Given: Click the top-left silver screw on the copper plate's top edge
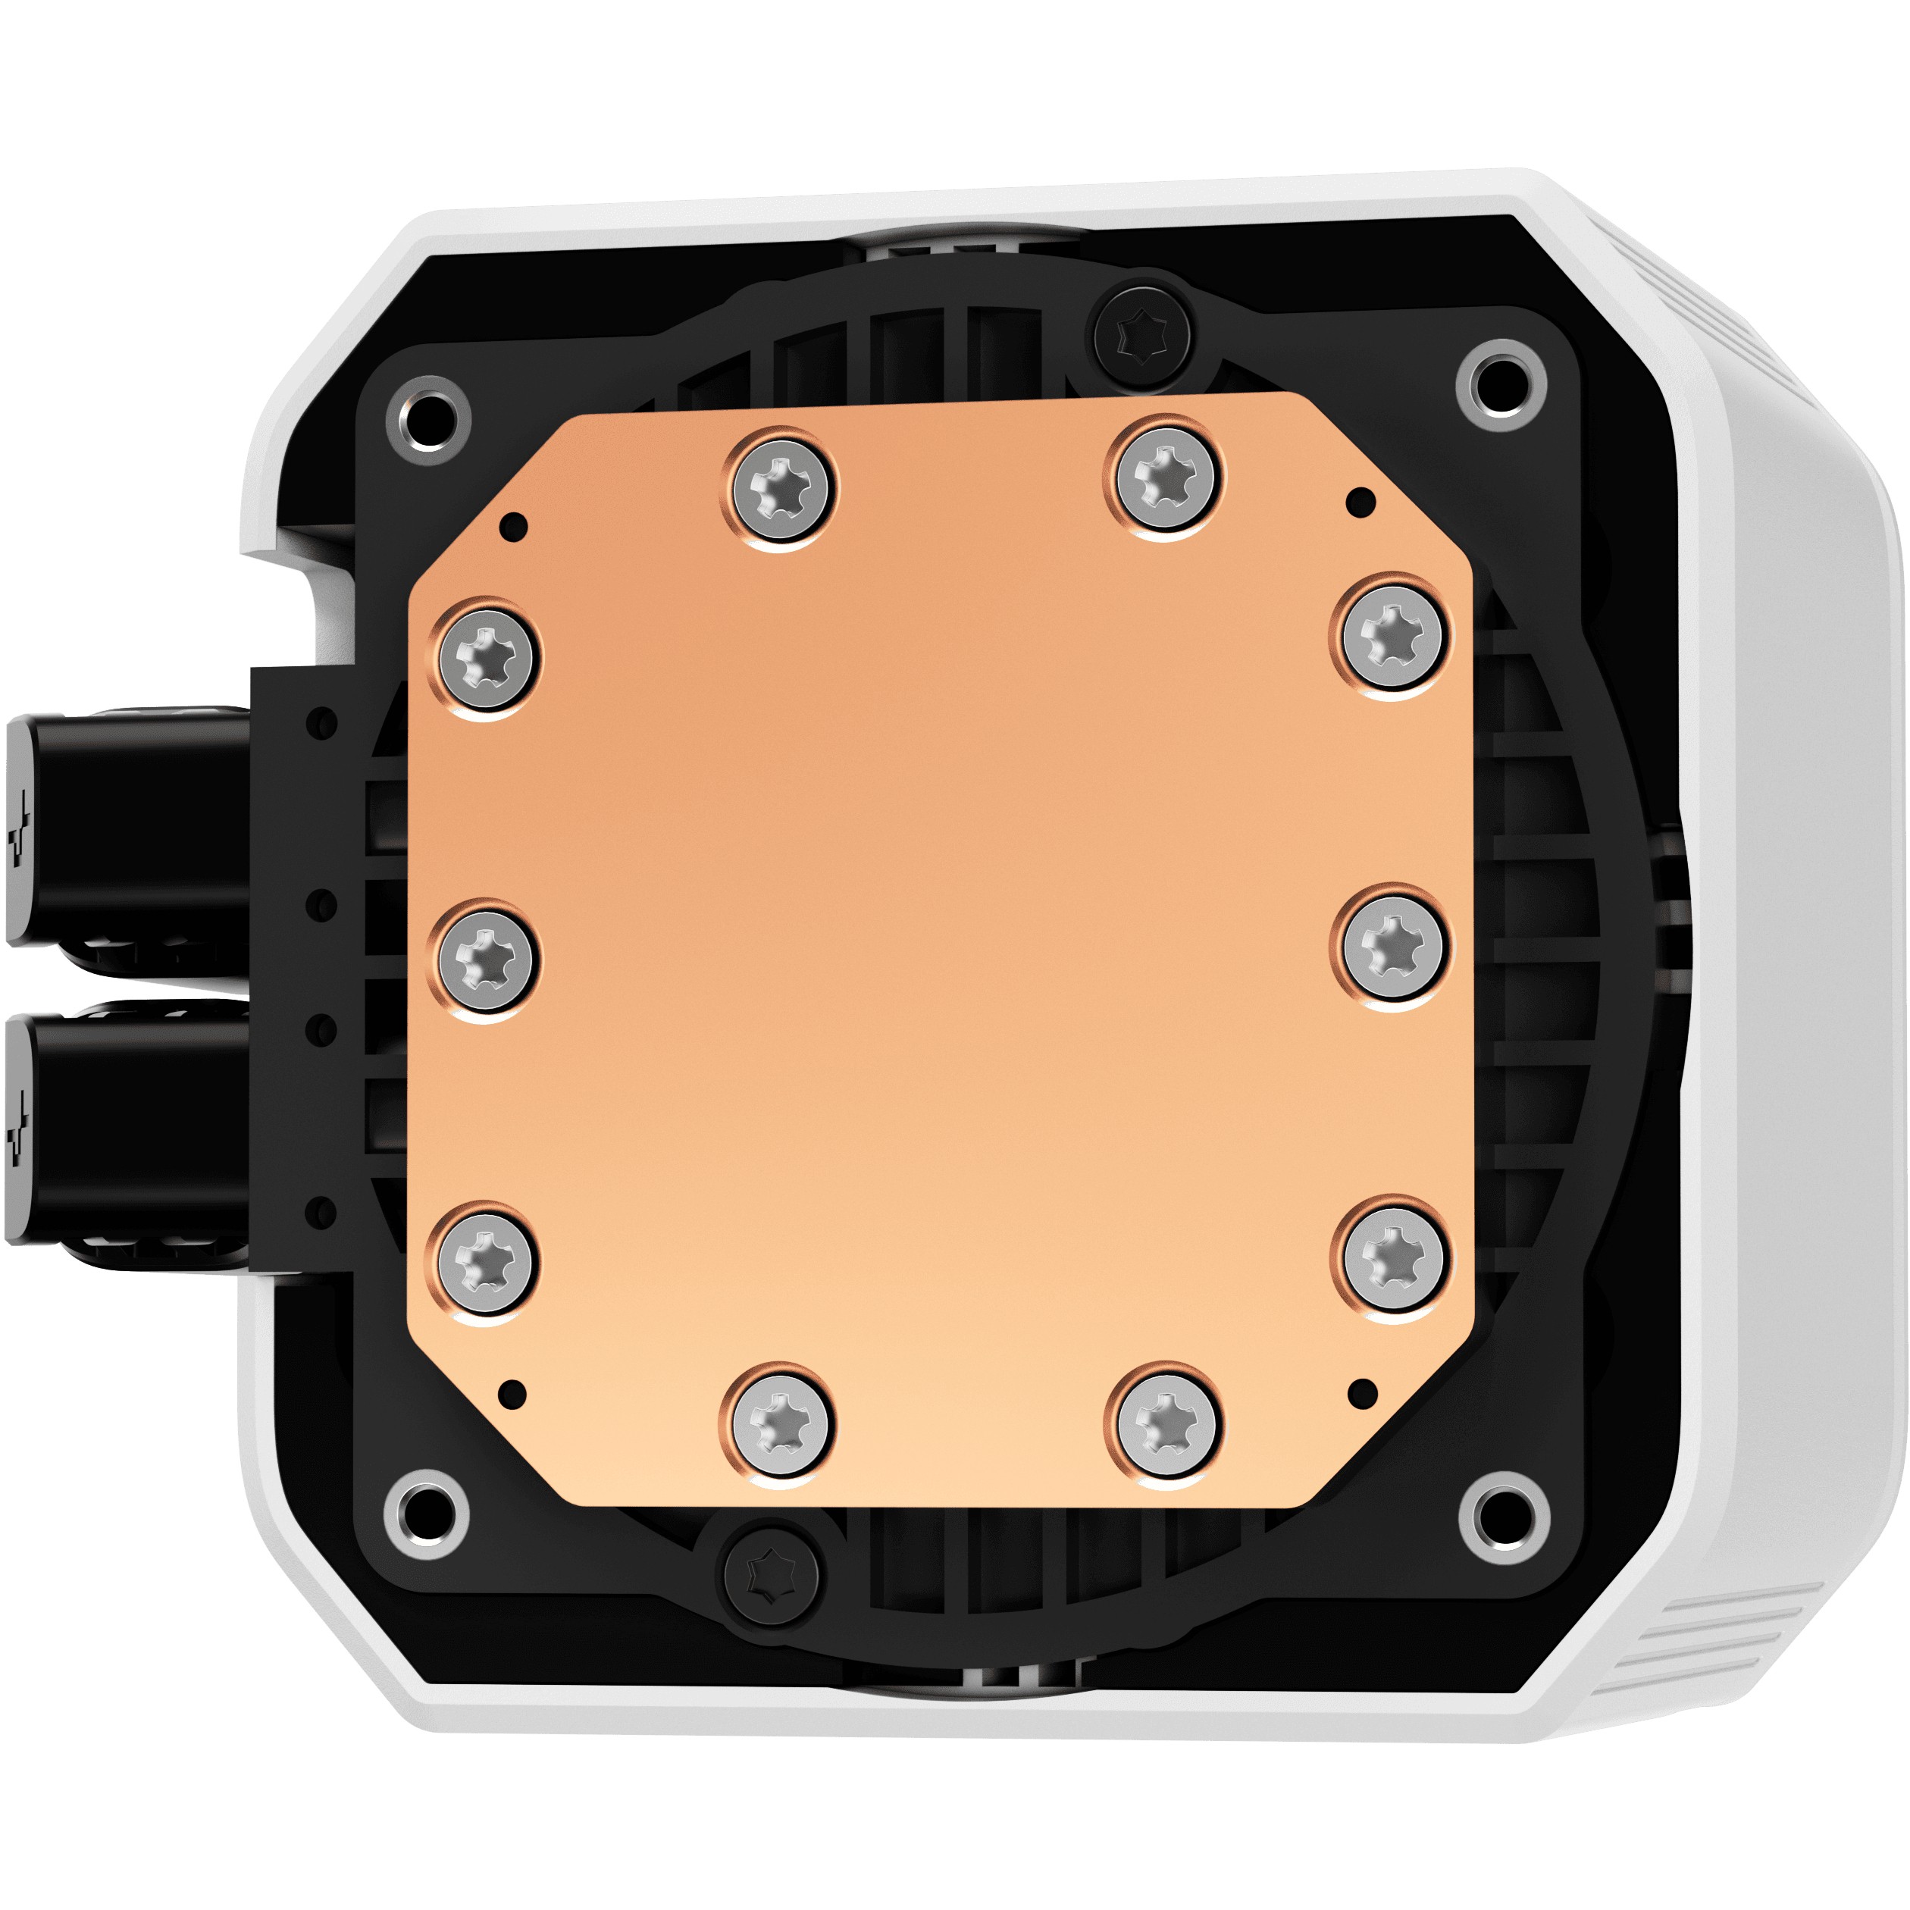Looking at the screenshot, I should (781, 487).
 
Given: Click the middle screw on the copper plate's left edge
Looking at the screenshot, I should (484, 959).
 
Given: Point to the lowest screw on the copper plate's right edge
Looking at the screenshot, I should (1394, 1257).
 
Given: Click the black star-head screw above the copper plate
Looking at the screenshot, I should (1142, 336).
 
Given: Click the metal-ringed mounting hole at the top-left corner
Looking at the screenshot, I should (428, 420).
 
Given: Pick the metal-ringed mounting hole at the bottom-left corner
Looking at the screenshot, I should (427, 1514).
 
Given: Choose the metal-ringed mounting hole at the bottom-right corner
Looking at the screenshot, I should (1504, 1516).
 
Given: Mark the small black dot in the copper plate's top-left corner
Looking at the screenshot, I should (513, 526).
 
